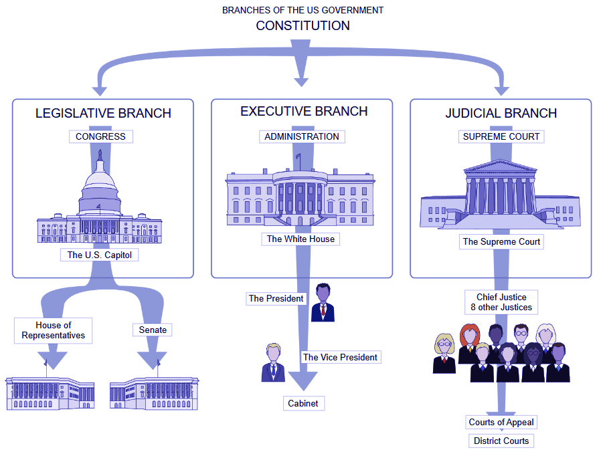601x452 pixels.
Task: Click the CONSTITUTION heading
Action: tap(303, 26)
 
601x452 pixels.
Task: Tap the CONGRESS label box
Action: tap(100, 136)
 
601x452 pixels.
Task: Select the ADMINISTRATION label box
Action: tap(301, 136)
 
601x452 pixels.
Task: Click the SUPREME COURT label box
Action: tap(501, 136)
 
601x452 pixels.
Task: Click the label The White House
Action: tap(300, 239)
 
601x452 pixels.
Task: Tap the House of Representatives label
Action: tap(54, 330)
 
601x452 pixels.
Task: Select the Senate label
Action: tap(153, 330)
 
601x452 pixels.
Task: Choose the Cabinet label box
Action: tap(303, 403)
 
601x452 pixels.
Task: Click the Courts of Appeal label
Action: tap(501, 422)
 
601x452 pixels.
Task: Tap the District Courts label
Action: tap(501, 441)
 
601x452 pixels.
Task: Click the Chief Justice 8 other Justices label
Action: tap(501, 302)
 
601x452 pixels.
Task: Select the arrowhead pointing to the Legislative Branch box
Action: tap(100, 90)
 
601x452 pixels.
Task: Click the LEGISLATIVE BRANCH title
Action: tap(103, 114)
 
